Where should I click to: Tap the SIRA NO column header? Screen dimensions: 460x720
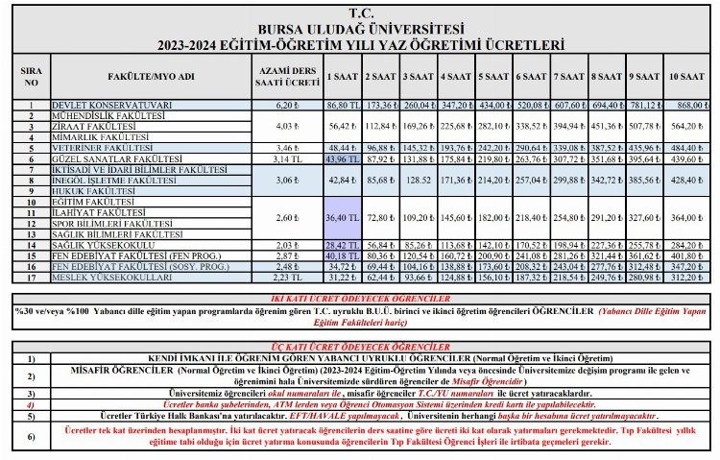pos(32,76)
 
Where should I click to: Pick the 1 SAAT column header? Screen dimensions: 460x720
pos(342,76)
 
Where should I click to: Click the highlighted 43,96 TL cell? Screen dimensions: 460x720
pos(342,158)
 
